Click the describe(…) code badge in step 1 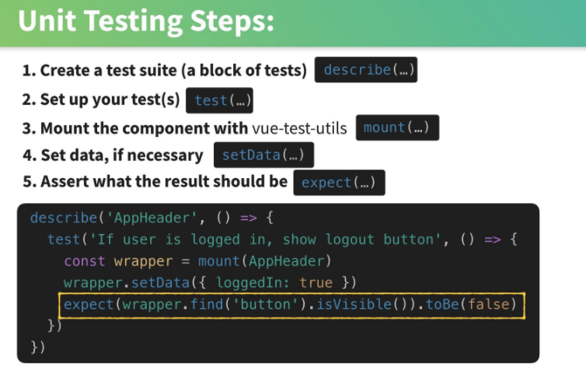pos(366,69)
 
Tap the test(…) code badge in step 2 pos(219,100)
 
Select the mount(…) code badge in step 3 pos(397,128)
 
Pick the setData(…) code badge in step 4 pos(263,155)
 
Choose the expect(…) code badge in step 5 pos(339,183)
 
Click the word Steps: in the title pos(232,21)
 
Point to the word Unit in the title pos(47,20)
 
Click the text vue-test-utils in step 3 pos(299,128)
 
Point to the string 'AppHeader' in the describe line pos(152,218)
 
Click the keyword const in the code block pos(85,261)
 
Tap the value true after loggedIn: pos(316,283)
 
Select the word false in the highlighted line pos(488,304)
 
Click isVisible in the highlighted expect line pos(354,304)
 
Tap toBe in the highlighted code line pos(442,304)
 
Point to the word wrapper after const pos(144,261)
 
